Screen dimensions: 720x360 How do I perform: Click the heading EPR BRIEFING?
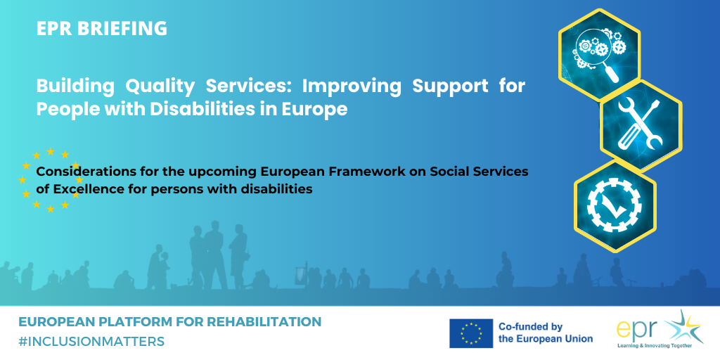(x=102, y=28)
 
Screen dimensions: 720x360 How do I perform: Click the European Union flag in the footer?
(x=471, y=333)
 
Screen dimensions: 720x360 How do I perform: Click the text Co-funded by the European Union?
(x=546, y=333)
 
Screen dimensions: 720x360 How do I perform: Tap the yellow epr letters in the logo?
(x=638, y=332)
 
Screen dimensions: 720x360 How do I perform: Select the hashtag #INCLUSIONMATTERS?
(x=91, y=341)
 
